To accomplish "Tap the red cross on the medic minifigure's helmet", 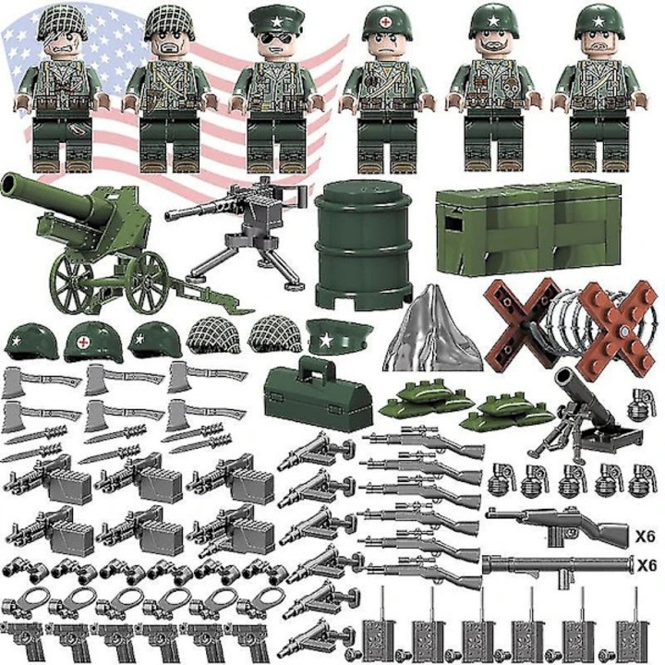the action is (385, 22).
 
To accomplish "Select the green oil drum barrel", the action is (364, 245).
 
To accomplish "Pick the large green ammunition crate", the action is (528, 227).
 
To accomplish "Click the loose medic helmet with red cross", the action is (93, 342).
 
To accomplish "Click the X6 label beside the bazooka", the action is (647, 565).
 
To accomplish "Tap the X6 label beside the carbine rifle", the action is (645, 537).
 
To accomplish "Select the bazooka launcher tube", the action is (556, 566).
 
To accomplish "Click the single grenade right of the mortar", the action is (641, 405).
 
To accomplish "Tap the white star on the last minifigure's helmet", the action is (598, 20).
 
